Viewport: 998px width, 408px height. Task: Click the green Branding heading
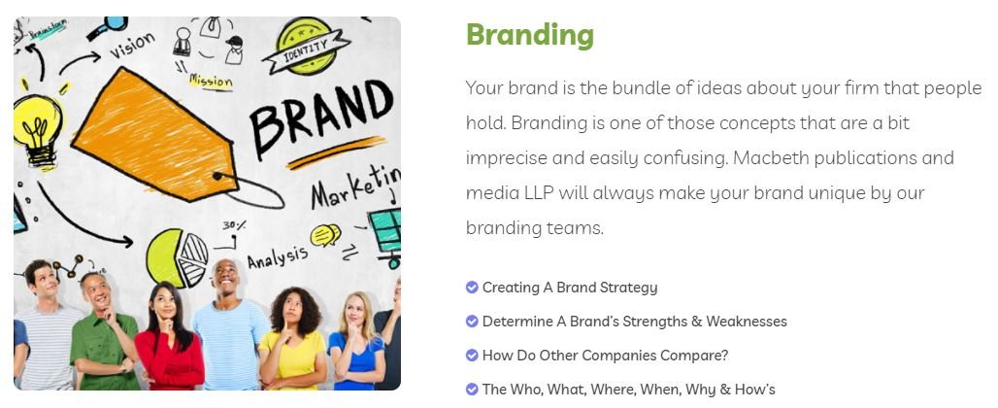tap(529, 35)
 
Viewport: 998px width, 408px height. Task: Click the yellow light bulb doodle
tap(38, 130)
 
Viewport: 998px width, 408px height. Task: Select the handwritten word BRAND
tap(321, 119)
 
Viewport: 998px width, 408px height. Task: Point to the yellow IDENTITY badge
tap(306, 46)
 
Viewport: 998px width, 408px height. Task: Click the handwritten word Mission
tap(211, 81)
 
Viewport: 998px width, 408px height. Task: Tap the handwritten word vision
tap(132, 46)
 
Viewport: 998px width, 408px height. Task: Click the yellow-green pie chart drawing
tap(177, 257)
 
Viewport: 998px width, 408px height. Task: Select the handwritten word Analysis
tap(277, 256)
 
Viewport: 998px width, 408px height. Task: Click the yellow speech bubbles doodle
tap(325, 235)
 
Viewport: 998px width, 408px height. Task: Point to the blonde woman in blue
tap(355, 341)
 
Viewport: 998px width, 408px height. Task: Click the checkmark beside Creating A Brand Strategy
tap(472, 288)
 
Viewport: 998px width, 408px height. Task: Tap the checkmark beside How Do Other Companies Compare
tap(472, 355)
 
